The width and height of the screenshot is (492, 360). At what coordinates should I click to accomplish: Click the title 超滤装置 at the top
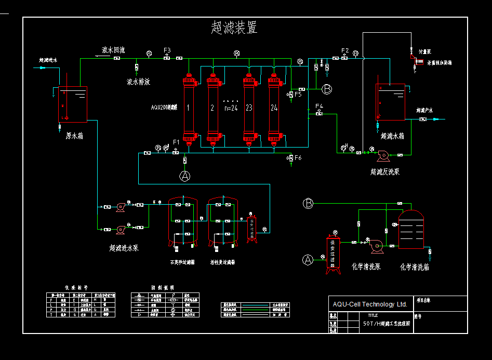[234, 28]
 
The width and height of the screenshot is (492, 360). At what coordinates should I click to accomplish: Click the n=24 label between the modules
[230, 108]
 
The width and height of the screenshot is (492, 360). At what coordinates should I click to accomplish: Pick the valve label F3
[167, 50]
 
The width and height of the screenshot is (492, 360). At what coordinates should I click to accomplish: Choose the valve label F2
[345, 50]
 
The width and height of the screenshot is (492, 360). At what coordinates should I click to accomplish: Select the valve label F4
[319, 106]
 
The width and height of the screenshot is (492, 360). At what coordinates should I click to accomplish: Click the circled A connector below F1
[185, 176]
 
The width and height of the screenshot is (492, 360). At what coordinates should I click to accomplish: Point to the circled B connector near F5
[327, 89]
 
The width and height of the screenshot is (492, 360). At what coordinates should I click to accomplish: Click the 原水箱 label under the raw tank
[74, 136]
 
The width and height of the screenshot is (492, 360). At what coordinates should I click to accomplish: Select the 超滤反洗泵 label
[385, 171]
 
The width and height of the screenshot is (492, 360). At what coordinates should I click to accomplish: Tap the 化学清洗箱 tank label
[414, 267]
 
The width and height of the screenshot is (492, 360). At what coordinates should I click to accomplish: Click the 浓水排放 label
[138, 82]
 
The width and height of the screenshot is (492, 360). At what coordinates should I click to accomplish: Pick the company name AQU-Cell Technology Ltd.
[370, 304]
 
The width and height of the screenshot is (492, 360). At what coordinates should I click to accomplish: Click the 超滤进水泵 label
[124, 248]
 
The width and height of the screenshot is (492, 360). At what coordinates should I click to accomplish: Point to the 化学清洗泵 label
[366, 267]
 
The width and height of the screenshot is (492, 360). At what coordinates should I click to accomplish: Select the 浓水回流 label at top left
[113, 50]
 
